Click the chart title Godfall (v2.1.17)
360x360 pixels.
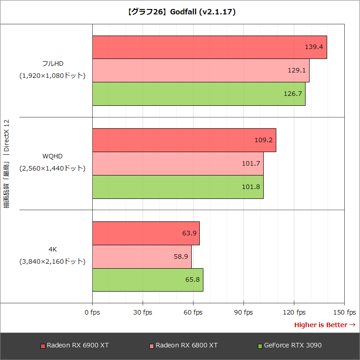point(180,12)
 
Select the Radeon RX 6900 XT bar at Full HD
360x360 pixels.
point(209,47)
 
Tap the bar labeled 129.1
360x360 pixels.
point(201,70)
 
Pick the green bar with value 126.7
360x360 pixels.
point(198,94)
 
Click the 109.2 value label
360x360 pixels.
point(264,140)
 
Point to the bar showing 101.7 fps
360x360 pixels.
point(178,163)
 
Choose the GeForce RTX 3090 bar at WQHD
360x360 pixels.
point(178,187)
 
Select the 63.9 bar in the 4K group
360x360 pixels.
point(146,233)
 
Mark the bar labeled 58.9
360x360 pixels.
point(142,256)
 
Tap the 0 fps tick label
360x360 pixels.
point(92,312)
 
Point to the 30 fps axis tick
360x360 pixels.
point(143,312)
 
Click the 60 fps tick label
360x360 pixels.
point(193,312)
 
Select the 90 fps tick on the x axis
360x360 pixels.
point(243,312)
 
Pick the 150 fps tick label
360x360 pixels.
point(344,312)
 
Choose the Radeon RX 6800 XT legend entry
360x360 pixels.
point(184,346)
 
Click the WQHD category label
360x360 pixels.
point(52,156)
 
